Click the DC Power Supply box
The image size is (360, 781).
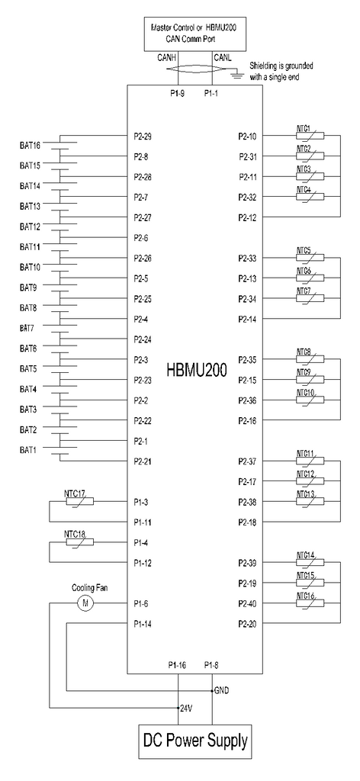click(x=194, y=741)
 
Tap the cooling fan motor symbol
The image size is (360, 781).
click(x=85, y=604)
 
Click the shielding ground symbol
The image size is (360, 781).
click(x=237, y=76)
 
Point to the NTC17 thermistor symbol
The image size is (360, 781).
click(x=80, y=502)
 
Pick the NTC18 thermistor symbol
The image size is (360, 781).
click(x=80, y=542)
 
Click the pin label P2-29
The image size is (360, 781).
click(x=143, y=136)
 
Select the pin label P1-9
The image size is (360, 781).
click(x=177, y=94)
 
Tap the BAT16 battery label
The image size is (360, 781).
click(x=30, y=146)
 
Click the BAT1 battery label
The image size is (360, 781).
click(x=28, y=450)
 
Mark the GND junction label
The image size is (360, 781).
click(x=222, y=691)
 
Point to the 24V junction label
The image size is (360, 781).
click(x=187, y=708)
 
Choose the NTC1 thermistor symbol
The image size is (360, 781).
click(x=310, y=136)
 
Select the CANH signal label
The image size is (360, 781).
click(x=166, y=58)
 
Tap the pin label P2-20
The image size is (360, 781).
click(x=247, y=624)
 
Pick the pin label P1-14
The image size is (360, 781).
click(x=143, y=624)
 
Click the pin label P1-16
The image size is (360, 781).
click(x=177, y=664)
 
